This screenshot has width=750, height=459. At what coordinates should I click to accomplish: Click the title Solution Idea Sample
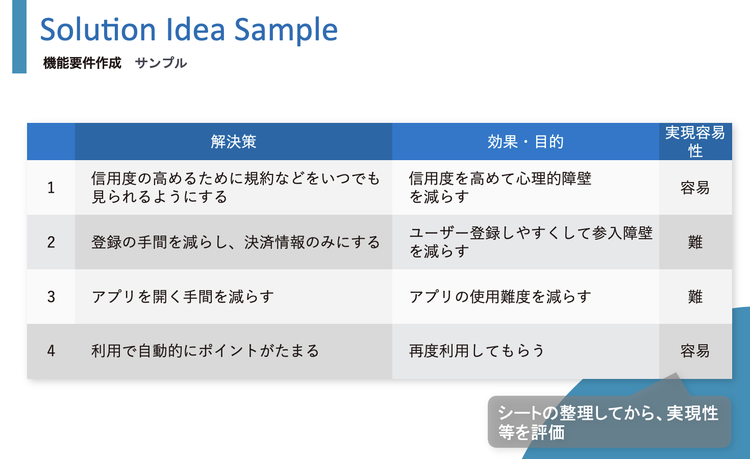189,30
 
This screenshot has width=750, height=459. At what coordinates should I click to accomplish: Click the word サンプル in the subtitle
161,63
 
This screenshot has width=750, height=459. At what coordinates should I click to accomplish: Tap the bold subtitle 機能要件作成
82,63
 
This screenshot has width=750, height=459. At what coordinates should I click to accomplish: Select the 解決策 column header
233,142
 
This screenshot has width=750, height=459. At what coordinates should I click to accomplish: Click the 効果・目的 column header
526,142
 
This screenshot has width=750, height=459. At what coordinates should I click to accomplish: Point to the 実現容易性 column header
695,142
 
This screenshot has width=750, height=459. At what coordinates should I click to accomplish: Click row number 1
51,188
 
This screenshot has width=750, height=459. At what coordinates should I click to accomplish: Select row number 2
51,242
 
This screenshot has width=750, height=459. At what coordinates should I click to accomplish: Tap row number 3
51,297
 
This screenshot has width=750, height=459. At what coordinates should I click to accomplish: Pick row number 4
51,351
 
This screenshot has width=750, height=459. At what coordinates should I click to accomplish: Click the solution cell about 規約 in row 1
236,188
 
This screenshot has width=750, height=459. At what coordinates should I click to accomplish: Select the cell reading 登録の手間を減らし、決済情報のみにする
236,242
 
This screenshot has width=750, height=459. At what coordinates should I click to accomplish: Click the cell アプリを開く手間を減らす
183,297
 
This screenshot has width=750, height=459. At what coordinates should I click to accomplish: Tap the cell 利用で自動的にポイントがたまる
205,351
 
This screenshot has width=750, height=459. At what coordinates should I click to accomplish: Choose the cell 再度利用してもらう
477,351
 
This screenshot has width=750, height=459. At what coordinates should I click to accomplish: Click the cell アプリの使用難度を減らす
500,297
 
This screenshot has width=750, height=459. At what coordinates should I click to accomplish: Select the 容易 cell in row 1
695,188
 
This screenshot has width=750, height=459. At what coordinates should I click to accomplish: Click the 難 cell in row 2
695,242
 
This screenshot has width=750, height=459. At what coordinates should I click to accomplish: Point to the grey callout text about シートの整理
608,422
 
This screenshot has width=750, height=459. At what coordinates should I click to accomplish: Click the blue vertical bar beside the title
19,37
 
